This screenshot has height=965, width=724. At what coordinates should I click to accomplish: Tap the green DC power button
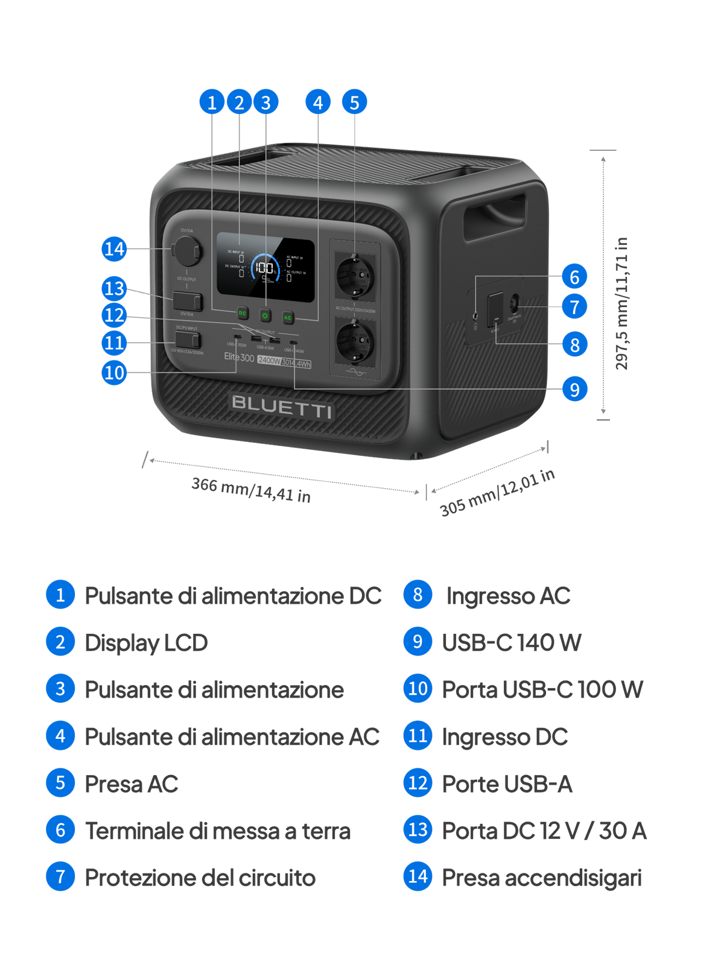click(x=242, y=313)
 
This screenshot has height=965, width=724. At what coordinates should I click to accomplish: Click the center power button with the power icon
click(x=265, y=315)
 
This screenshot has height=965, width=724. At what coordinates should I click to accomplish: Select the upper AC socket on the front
click(x=355, y=276)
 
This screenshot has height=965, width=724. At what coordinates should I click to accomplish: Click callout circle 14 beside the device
click(x=114, y=248)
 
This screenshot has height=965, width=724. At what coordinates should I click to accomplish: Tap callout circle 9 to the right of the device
click(x=574, y=389)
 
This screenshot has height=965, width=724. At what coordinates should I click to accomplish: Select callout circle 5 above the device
click(x=354, y=103)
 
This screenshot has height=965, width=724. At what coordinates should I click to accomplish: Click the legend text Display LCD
click(x=147, y=642)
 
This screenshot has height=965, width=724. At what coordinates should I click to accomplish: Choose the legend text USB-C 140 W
click(x=512, y=642)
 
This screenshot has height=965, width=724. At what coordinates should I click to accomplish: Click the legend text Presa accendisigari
click(x=542, y=878)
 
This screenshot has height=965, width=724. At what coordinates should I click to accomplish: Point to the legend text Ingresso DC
click(x=505, y=736)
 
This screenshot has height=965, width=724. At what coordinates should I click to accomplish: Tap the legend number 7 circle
click(x=60, y=877)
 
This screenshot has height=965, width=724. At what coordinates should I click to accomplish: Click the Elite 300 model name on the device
click(x=239, y=357)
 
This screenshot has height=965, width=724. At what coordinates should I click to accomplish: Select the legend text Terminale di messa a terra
click(x=218, y=831)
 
